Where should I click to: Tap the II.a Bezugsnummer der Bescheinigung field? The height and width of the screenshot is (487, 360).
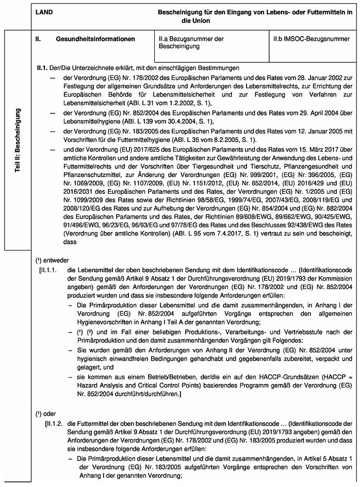tap(191, 43)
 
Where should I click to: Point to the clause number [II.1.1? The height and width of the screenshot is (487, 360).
tap(51, 269)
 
